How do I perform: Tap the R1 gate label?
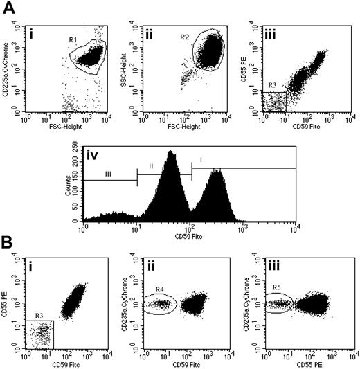(74, 39)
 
